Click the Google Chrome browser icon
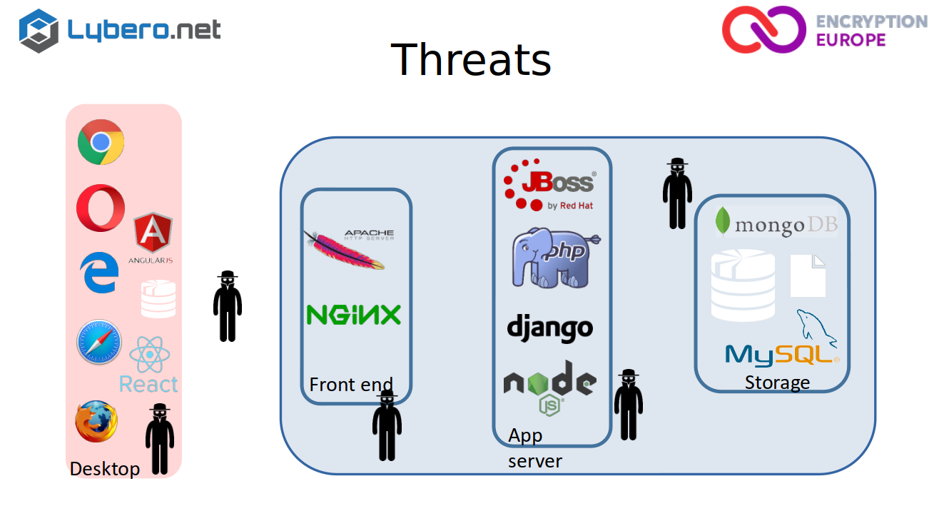(x=101, y=142)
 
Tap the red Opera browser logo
(x=101, y=208)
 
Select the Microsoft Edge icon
(x=100, y=273)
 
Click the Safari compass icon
(x=99, y=341)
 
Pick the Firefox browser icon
(x=96, y=421)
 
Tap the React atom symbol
(x=150, y=355)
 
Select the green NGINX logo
(x=354, y=315)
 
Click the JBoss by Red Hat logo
(x=549, y=185)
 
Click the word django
(x=550, y=328)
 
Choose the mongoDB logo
(x=776, y=222)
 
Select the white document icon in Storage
(x=808, y=276)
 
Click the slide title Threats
(x=471, y=59)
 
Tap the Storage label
(x=777, y=383)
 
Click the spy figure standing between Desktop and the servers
(x=228, y=306)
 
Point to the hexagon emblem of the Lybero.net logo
(x=39, y=31)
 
